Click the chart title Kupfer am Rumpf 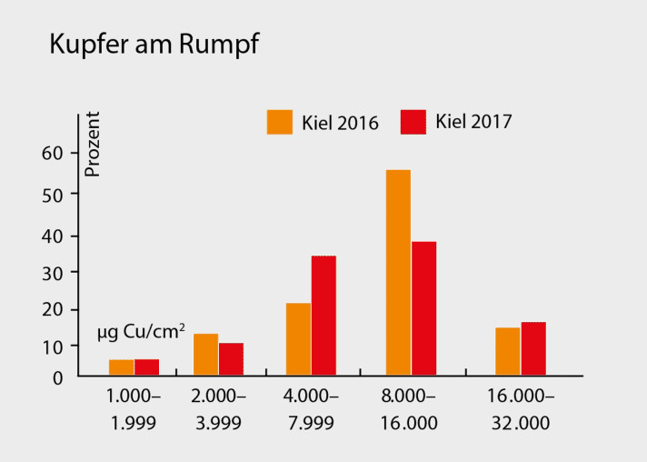click(x=154, y=46)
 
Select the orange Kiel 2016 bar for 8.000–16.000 click(x=398, y=272)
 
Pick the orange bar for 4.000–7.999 click(x=298, y=338)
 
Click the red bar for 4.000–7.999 click(x=323, y=315)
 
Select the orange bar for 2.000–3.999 click(x=205, y=354)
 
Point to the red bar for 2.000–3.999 click(x=231, y=358)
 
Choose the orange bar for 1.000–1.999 click(x=122, y=367)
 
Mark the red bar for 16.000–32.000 click(x=533, y=348)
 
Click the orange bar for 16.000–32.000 click(x=508, y=351)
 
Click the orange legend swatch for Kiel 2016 click(x=280, y=122)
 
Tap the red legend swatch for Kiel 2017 click(x=413, y=122)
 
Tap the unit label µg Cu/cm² click(x=141, y=332)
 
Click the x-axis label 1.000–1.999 click(x=134, y=409)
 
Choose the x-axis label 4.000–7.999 click(x=310, y=409)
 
